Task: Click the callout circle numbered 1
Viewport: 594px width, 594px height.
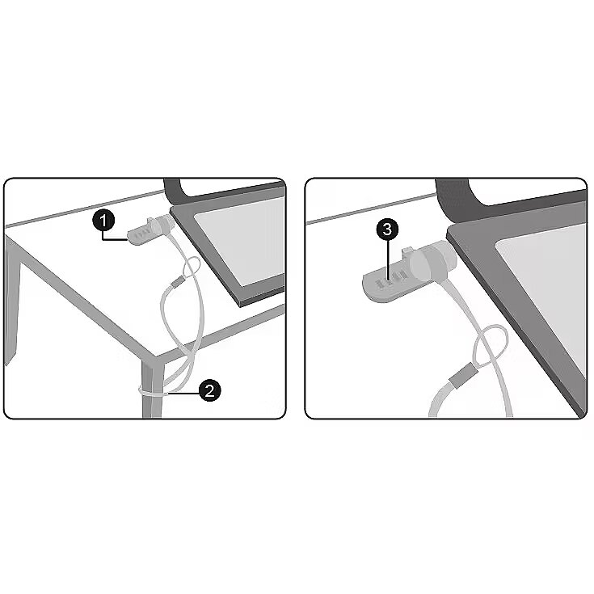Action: pos(103,221)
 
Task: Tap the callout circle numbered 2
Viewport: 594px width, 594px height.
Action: pos(210,390)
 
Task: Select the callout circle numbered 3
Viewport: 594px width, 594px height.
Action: pos(387,230)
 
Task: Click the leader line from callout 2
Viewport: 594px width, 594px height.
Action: pos(183,394)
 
